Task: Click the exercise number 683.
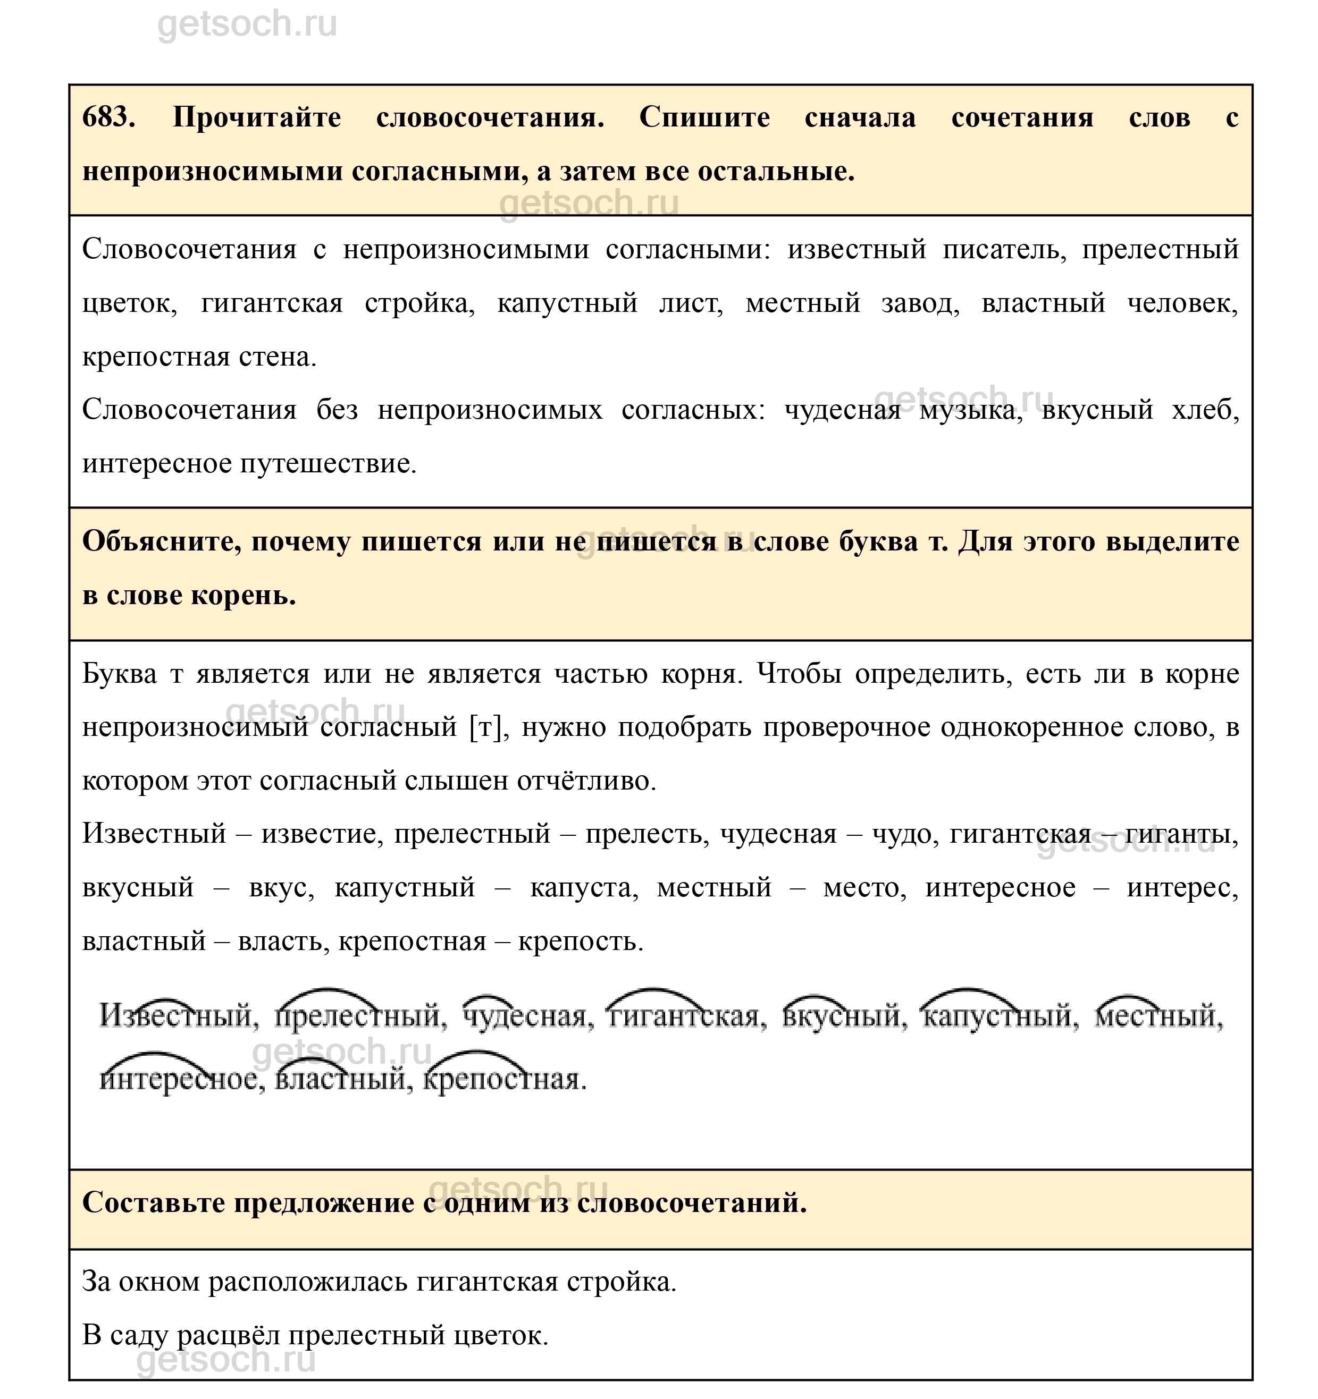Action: [108, 117]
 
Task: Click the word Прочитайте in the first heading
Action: [257, 117]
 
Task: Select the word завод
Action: [920, 303]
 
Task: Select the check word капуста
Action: [584, 888]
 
